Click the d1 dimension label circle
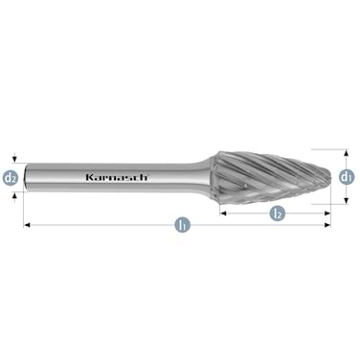tap(348, 176)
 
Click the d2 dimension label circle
tap(11, 177)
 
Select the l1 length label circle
tap(179, 226)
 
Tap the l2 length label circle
tap(276, 213)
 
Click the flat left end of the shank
tap(26, 177)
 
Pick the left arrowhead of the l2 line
tap(223, 213)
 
